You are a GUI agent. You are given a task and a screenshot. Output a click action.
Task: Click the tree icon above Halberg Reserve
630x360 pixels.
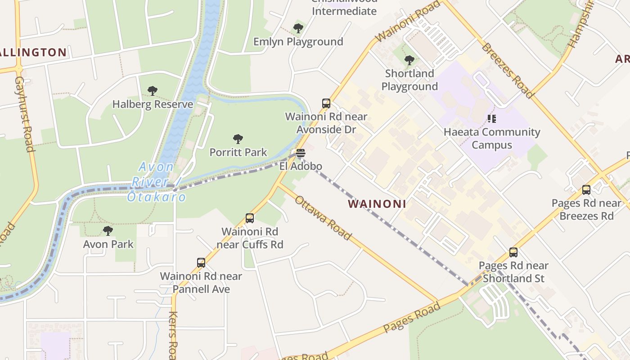(x=153, y=91)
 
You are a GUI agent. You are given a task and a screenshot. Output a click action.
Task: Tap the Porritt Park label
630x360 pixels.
(x=238, y=153)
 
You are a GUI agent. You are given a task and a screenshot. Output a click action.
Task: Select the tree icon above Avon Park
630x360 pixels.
(x=108, y=231)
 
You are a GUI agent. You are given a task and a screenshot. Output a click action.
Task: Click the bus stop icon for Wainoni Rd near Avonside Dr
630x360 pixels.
(x=326, y=103)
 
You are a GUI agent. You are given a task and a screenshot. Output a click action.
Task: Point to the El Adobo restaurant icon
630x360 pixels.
(x=301, y=153)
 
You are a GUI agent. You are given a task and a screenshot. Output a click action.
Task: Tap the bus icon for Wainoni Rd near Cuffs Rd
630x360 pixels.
(x=250, y=218)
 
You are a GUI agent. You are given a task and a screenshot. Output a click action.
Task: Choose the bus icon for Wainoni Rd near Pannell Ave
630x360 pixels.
(x=201, y=263)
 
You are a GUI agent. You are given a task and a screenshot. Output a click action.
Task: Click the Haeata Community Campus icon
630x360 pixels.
(x=492, y=119)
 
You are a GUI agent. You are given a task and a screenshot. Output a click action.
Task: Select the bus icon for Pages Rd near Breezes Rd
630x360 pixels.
(x=586, y=190)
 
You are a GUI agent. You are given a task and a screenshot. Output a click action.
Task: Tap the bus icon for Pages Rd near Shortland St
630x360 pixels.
(x=513, y=252)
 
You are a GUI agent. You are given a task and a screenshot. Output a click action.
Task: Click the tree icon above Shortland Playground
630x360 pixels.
(x=409, y=60)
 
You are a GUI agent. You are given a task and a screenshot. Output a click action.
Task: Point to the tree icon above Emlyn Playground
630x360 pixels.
(x=298, y=28)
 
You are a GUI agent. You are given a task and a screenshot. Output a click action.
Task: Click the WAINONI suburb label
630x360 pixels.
(x=377, y=204)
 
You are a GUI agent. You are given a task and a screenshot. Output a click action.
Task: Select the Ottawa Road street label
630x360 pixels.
(x=322, y=218)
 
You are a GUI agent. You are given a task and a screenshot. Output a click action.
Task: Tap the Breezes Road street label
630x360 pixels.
(x=507, y=70)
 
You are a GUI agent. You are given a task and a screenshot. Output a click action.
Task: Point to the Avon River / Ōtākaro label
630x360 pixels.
(x=156, y=182)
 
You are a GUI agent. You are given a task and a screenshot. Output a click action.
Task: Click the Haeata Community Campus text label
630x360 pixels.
(x=491, y=139)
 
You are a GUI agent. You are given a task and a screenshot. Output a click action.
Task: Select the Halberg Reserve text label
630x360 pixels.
(x=153, y=104)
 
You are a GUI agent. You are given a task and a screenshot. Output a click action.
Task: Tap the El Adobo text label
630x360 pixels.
(x=301, y=166)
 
